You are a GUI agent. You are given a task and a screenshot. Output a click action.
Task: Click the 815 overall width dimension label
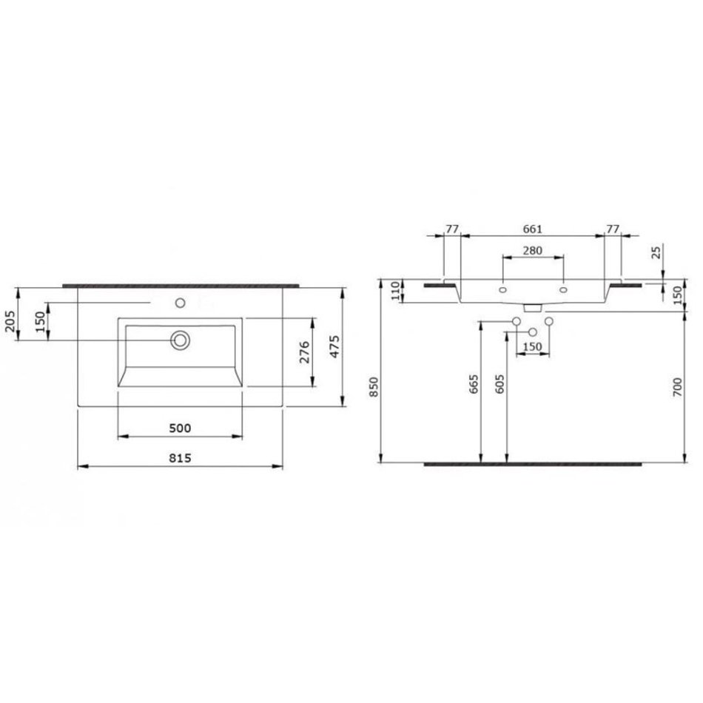pos(181,458)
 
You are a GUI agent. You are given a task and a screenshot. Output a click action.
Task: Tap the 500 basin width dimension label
pos(181,428)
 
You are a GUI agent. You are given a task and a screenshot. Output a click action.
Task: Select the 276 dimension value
pos(304,352)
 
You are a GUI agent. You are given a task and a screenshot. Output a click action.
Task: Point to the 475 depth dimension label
pos(335,346)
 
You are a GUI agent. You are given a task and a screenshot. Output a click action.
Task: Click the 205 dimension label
pos(10,321)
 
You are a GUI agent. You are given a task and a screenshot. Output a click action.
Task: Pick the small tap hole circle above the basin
pos(181,303)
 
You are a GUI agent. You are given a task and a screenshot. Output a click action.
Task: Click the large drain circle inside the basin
pos(181,340)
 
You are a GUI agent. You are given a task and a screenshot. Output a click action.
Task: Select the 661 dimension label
pos(533,229)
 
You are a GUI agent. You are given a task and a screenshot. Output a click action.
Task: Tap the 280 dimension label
pos(533,250)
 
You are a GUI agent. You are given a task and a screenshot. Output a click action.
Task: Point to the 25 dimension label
pos(657,252)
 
